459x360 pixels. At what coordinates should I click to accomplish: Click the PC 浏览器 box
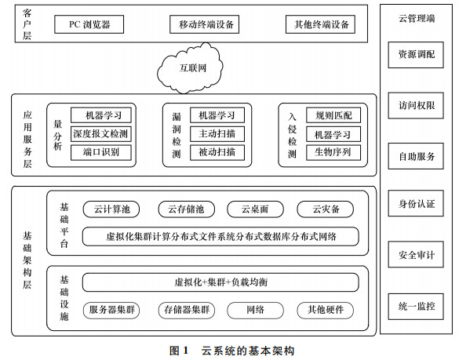[89, 24]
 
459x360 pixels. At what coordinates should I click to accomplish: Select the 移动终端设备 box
[204, 24]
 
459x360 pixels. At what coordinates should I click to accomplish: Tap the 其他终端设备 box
[320, 24]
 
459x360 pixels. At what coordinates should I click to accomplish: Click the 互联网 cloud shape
[191, 68]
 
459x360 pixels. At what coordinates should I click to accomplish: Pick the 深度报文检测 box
[101, 134]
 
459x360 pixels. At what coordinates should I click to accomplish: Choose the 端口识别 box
[101, 152]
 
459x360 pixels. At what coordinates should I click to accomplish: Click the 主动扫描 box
[217, 134]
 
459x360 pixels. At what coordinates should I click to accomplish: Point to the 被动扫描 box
[217, 152]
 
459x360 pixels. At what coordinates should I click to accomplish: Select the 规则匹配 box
[333, 115]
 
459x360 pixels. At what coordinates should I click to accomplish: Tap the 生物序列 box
[333, 152]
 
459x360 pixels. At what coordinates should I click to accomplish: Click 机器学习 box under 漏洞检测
[217, 115]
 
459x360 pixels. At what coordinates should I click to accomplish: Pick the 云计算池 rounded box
[111, 209]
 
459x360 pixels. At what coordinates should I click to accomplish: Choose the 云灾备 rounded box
[325, 209]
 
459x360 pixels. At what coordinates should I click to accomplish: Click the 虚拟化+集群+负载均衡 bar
[220, 282]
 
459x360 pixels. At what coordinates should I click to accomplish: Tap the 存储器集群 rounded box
[187, 311]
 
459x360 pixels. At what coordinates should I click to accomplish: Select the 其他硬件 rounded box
[325, 311]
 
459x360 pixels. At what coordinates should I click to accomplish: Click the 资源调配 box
[416, 55]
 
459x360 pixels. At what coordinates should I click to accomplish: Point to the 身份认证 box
[416, 203]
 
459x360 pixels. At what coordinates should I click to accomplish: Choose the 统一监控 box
[416, 307]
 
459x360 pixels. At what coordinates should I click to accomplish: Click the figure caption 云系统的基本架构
[248, 351]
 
